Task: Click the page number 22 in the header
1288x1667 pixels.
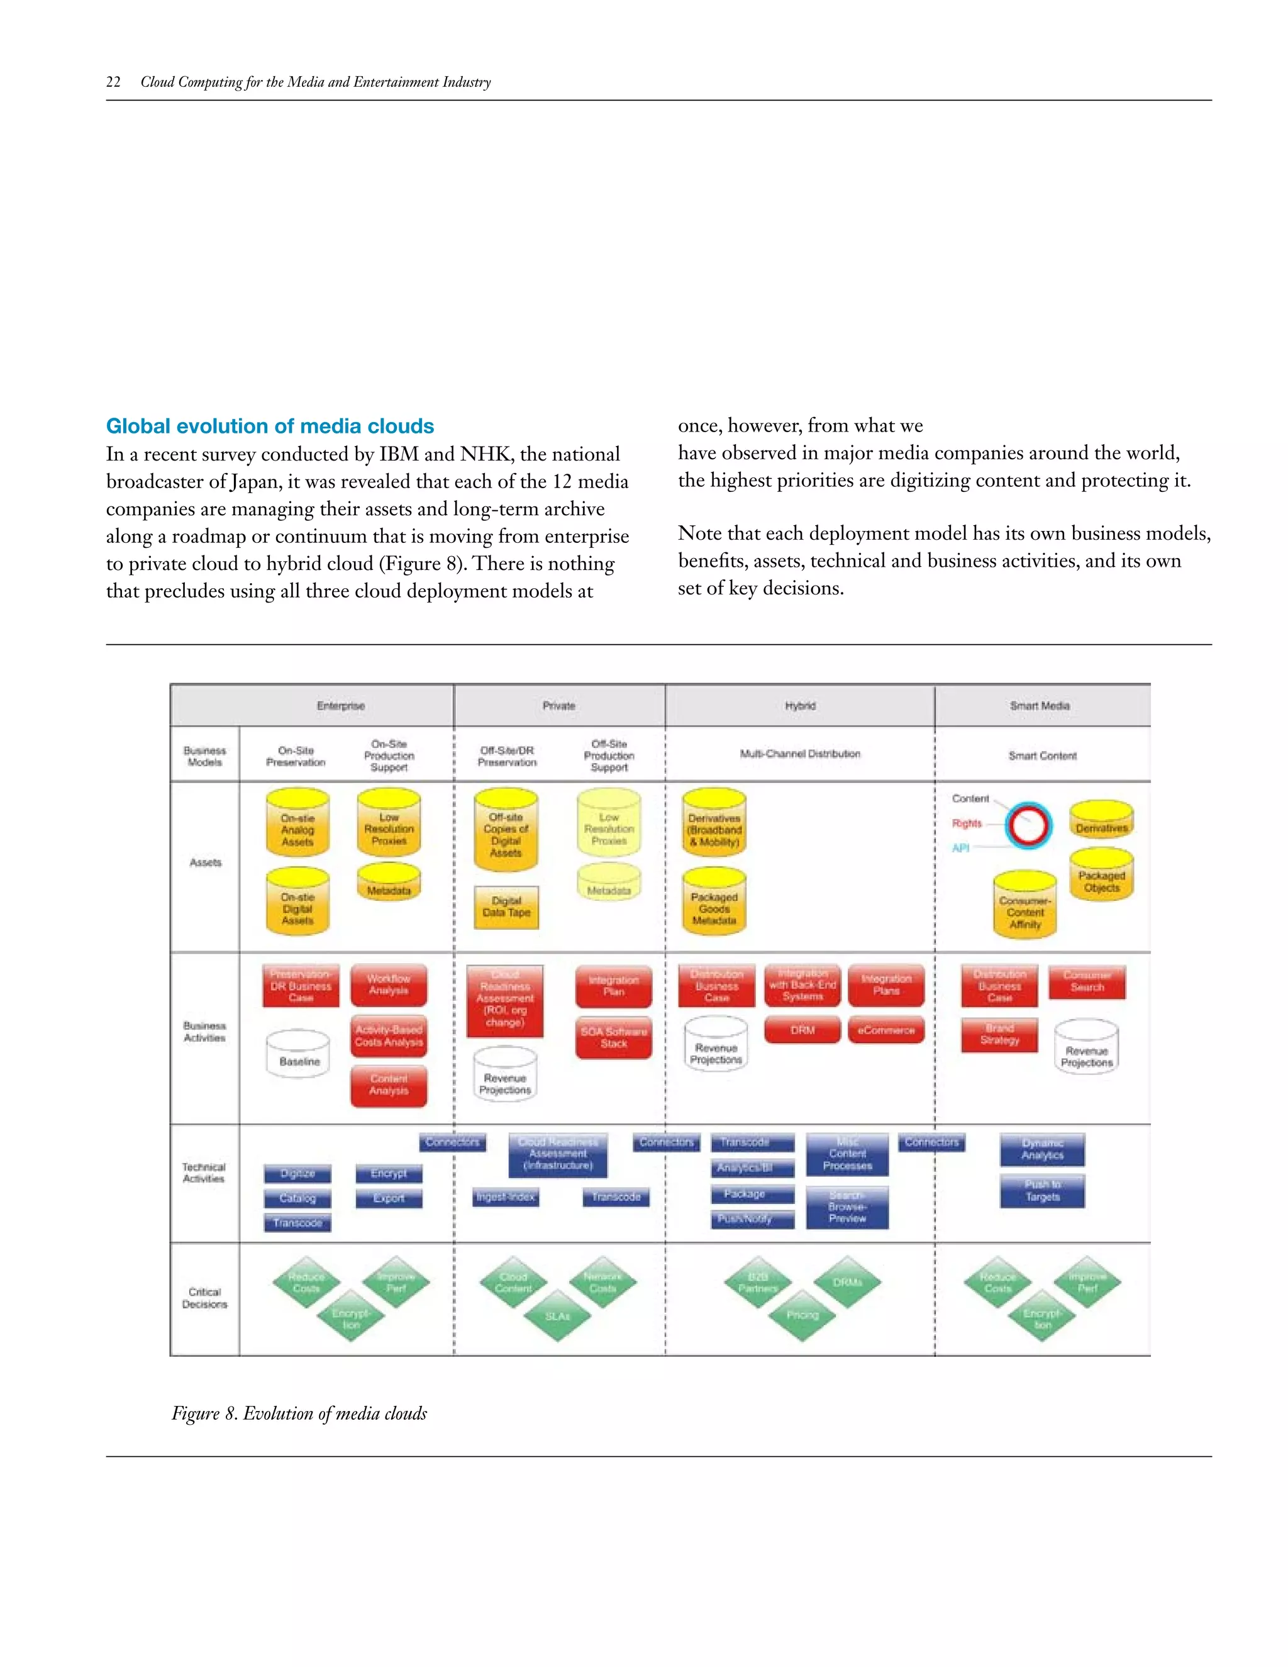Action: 113,82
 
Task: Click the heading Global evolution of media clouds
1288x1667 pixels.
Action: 269,426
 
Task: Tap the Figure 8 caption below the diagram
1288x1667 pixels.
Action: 299,1413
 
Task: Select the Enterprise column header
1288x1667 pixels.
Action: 340,706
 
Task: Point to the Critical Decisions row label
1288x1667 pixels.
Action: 204,1298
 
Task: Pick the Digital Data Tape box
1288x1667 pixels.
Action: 506,906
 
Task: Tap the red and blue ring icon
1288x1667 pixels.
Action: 1028,825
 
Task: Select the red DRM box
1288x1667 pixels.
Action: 802,1030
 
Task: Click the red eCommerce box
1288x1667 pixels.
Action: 886,1030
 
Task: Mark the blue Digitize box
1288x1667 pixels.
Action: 297,1173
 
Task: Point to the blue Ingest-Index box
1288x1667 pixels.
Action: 505,1197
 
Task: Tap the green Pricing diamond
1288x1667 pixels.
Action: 802,1314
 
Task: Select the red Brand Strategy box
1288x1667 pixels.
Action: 999,1035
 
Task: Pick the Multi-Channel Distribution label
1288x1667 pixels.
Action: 800,754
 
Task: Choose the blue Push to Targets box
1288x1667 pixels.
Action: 1042,1191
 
